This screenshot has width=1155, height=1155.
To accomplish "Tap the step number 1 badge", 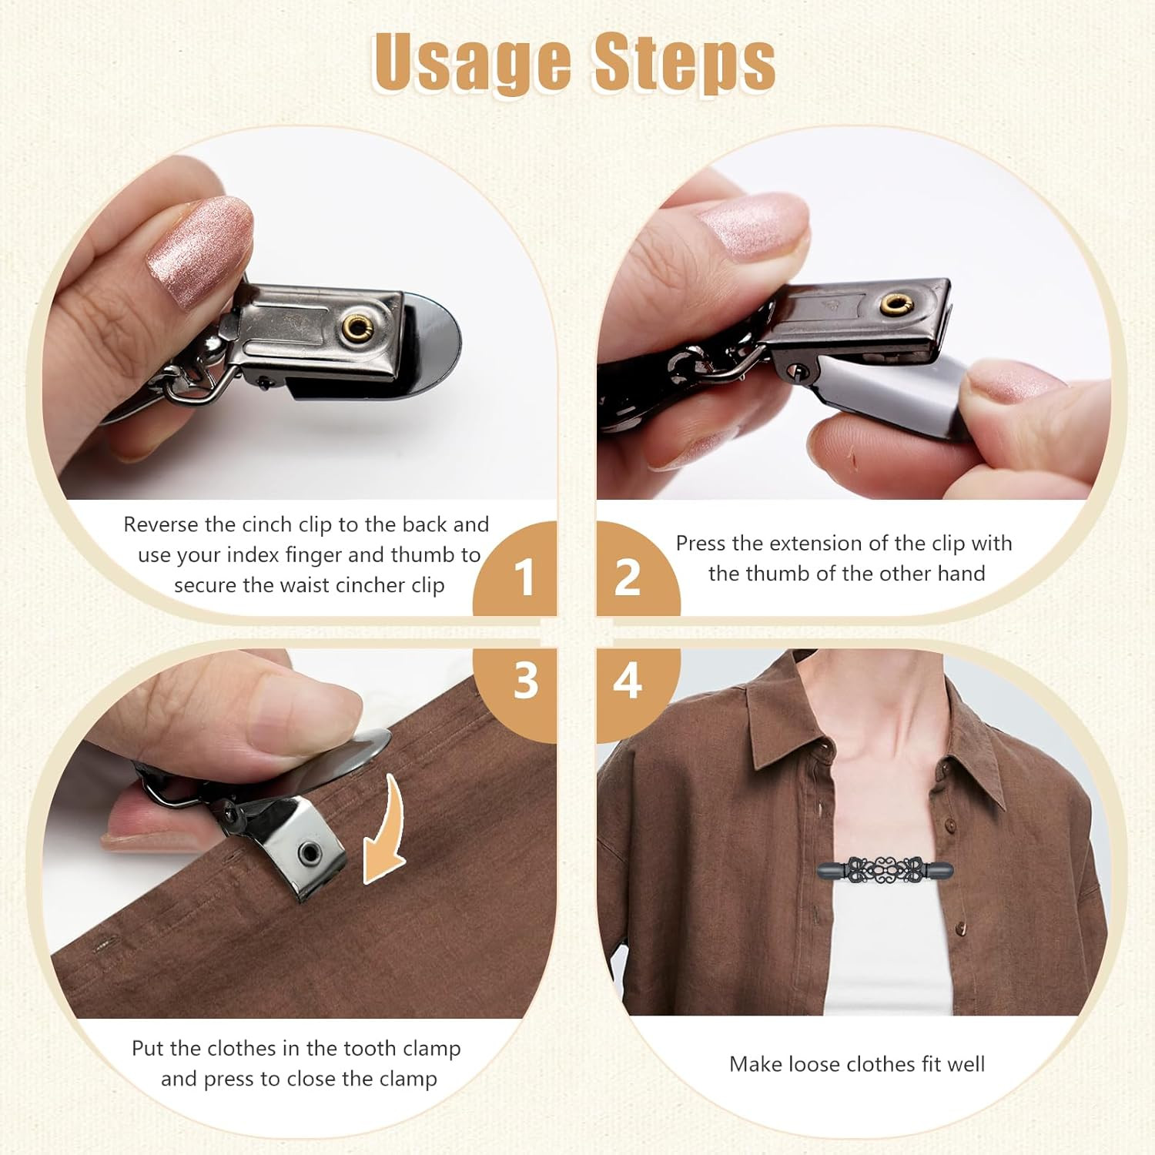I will [524, 576].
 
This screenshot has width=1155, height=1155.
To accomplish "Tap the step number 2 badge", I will [628, 576].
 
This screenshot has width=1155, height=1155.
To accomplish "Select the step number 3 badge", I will [526, 681].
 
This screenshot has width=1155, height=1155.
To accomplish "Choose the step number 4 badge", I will [628, 681].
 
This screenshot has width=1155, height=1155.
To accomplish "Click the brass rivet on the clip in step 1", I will [358, 327].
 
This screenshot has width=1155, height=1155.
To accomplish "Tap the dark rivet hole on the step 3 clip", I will [311, 852].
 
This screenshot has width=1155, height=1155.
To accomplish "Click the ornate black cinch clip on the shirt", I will [884, 872].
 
